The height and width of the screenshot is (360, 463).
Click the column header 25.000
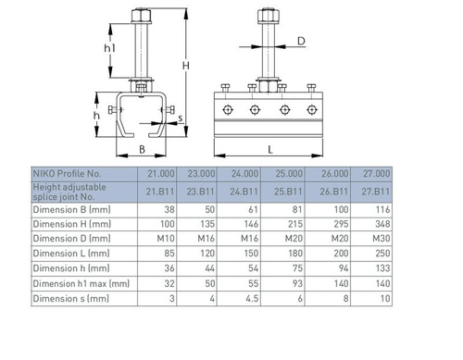pos(289,174)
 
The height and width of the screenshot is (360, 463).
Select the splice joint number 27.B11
pos(376,192)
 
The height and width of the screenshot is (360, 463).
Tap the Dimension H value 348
pos(382,224)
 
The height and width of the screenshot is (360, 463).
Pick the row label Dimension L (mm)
pos(71,254)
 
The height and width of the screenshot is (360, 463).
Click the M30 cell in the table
pos(382,239)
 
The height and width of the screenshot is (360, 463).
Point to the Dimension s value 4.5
pos(252,299)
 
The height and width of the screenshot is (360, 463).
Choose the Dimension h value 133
pos(382,268)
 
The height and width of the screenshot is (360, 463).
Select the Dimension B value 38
pos(169,210)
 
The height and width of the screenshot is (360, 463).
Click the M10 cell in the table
pos(166,239)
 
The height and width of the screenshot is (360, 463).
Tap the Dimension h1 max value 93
pos(297,283)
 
